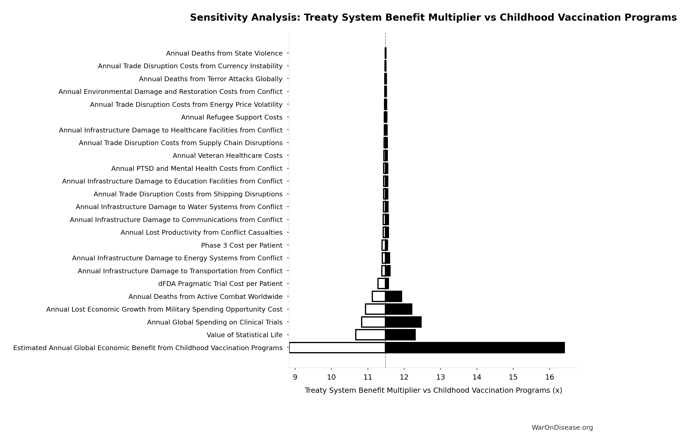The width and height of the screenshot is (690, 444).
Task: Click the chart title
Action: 433,18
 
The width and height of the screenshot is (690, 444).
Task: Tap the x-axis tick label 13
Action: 440,377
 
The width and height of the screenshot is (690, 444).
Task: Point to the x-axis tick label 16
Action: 549,377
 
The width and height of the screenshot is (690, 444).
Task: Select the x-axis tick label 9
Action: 295,377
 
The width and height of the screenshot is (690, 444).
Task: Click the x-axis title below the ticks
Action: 433,390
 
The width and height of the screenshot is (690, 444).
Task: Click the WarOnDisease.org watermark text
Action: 562,428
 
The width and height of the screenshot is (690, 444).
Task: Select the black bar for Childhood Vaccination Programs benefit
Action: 475,348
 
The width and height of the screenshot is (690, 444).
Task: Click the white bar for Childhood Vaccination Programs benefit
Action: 337,348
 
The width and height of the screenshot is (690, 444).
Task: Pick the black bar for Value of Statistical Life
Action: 400,335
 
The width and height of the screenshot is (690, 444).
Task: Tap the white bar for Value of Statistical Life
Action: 370,335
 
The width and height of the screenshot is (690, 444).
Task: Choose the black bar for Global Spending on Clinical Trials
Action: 403,322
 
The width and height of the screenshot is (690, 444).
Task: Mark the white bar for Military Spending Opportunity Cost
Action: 375,309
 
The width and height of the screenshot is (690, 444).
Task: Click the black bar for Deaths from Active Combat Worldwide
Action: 394,296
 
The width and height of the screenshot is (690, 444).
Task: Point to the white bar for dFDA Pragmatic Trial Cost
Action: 381,283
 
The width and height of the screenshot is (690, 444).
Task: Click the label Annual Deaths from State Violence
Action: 224,53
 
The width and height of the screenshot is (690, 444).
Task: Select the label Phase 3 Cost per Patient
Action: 242,245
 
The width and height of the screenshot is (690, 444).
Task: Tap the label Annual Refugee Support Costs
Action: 231,117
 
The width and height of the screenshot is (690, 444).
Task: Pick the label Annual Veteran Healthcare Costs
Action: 227,156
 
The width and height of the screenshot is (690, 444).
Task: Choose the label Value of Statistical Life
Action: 244,335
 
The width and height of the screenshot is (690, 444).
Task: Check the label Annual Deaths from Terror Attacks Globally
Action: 210,79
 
